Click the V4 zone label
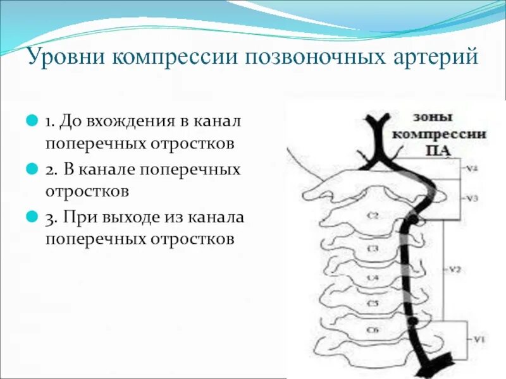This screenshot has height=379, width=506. (472, 169)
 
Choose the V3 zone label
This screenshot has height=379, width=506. (472, 198)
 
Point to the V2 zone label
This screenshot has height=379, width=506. (454, 269)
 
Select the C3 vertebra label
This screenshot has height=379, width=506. (373, 248)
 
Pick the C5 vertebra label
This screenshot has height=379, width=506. (373, 303)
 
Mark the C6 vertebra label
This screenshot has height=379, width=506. (373, 330)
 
